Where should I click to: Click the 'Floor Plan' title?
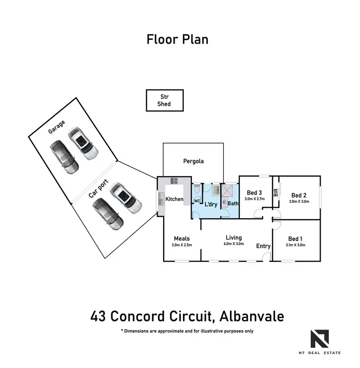click(x=178, y=39)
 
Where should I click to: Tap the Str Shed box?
click(x=164, y=100)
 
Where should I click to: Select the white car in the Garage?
click(x=83, y=143)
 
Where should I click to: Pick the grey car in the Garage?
click(x=64, y=157)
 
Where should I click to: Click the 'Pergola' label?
click(x=193, y=161)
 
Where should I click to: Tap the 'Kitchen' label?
click(x=174, y=199)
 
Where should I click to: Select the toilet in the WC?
click(x=196, y=190)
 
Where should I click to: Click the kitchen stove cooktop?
click(x=174, y=181)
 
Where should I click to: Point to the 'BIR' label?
click(x=276, y=193)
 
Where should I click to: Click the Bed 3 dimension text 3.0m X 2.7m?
click(x=254, y=199)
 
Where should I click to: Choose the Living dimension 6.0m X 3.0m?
click(x=234, y=244)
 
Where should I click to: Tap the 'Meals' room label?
click(x=182, y=238)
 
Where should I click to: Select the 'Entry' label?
click(x=263, y=246)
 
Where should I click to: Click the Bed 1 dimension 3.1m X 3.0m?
click(x=295, y=245)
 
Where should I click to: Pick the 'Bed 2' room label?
click(x=299, y=195)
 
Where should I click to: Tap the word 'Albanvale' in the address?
click(x=252, y=317)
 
